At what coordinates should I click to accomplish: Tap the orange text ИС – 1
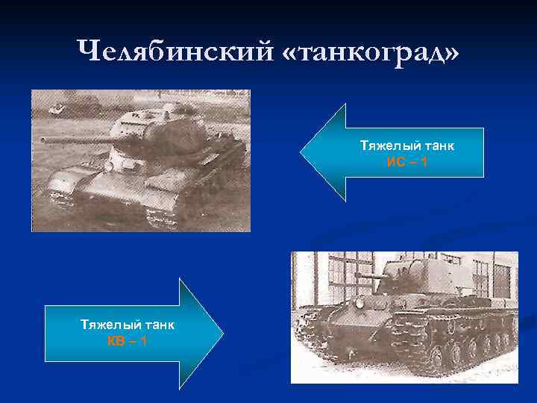(x=407, y=161)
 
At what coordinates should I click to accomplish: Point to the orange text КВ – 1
(x=127, y=341)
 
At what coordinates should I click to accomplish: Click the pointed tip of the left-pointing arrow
(x=301, y=153)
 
